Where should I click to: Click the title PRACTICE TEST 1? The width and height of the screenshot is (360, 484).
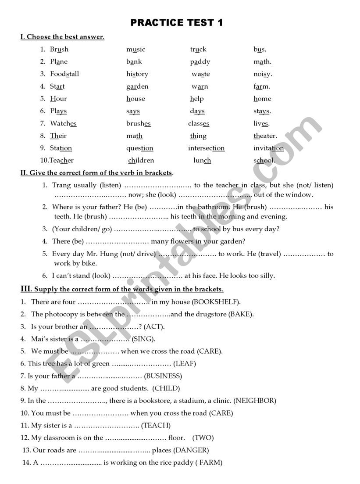[x=177, y=23]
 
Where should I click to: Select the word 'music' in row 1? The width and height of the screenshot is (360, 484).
[x=135, y=50]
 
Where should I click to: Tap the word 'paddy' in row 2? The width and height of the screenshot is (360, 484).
[x=200, y=62]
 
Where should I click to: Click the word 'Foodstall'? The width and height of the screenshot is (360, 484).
[x=64, y=74]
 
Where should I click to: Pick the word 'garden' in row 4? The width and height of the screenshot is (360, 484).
[x=137, y=86]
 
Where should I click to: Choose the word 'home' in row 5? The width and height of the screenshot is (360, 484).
[x=262, y=99]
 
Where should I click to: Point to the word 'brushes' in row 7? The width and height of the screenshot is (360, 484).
[x=138, y=124]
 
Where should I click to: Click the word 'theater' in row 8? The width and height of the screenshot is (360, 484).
[x=265, y=136]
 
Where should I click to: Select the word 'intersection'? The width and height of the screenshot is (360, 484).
[x=206, y=148]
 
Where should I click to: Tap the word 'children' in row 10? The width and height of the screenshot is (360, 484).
[x=141, y=161]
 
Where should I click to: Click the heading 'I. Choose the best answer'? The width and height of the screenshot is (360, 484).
[x=62, y=37]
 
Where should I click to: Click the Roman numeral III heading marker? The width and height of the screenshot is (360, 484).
[x=26, y=289]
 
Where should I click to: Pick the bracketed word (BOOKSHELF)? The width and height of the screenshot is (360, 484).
[x=216, y=302]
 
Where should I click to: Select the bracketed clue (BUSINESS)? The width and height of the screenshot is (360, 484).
[x=163, y=376]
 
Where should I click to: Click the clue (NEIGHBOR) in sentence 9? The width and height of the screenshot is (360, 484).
[x=255, y=401]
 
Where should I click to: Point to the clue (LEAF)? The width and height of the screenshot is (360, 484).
[x=185, y=364]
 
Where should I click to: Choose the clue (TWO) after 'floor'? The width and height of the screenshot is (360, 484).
[x=203, y=437]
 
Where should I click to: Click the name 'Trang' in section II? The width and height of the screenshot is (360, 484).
[x=61, y=186]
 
